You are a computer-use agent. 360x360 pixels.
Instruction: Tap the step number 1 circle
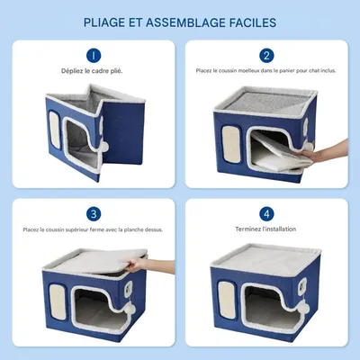pyautogui.click(x=94, y=56)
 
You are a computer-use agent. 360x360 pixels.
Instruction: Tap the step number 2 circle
pyautogui.click(x=266, y=56)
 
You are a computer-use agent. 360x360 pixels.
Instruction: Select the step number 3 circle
pyautogui.click(x=94, y=214)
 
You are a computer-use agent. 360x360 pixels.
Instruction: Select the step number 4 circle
pyautogui.click(x=266, y=214)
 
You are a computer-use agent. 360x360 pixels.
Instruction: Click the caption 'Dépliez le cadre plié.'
pyautogui.click(x=92, y=71)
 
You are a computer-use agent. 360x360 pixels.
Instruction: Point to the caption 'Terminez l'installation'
pyautogui.click(x=265, y=229)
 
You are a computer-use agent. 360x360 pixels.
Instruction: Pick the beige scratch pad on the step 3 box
pyautogui.click(x=58, y=299)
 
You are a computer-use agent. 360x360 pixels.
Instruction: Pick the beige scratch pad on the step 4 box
pyautogui.click(x=227, y=299)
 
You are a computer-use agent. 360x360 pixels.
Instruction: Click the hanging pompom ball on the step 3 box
pyautogui.click(x=131, y=310)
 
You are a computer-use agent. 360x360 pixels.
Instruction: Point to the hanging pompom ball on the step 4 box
pyautogui.click(x=302, y=308)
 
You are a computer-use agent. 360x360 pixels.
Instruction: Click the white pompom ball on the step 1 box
pyautogui.click(x=104, y=146)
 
